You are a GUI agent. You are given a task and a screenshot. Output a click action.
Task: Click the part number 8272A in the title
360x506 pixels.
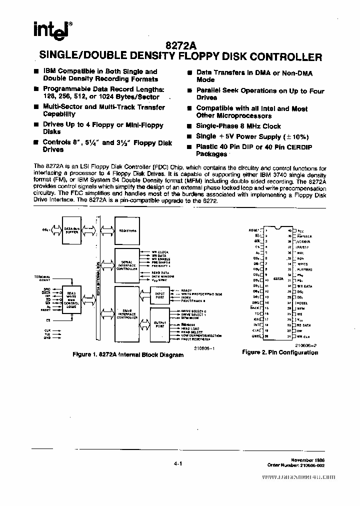tap(179, 45)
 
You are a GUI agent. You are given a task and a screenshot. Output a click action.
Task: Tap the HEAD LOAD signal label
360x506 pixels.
tap(190, 328)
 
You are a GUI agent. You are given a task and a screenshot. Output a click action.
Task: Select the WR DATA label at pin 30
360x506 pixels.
tap(305, 286)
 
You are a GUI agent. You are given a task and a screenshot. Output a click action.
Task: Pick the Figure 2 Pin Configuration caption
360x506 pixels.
tap(280, 352)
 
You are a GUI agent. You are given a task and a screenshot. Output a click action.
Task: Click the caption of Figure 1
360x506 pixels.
tap(128, 355)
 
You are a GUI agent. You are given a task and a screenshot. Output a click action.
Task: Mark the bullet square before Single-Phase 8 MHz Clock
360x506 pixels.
tap(189, 126)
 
